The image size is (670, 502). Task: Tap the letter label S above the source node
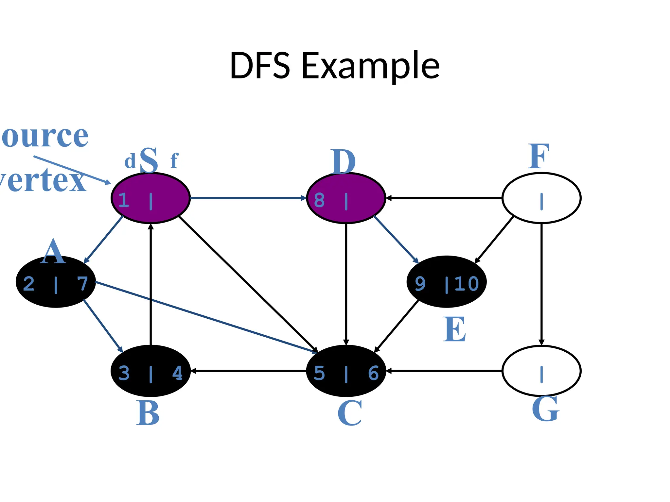tap(149, 160)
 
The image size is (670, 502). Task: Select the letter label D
tap(343, 162)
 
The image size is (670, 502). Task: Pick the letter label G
tap(545, 409)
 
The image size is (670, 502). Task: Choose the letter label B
tap(148, 413)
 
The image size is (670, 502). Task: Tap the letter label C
tap(349, 413)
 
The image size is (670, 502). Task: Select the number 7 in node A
tap(82, 284)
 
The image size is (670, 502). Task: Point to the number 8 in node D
tap(319, 200)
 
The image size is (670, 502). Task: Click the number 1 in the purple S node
tap(123, 200)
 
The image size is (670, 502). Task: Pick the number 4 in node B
tap(177, 373)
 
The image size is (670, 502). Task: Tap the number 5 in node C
tap(319, 373)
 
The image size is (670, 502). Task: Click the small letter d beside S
tap(130, 161)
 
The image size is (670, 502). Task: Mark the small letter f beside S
tap(174, 161)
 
